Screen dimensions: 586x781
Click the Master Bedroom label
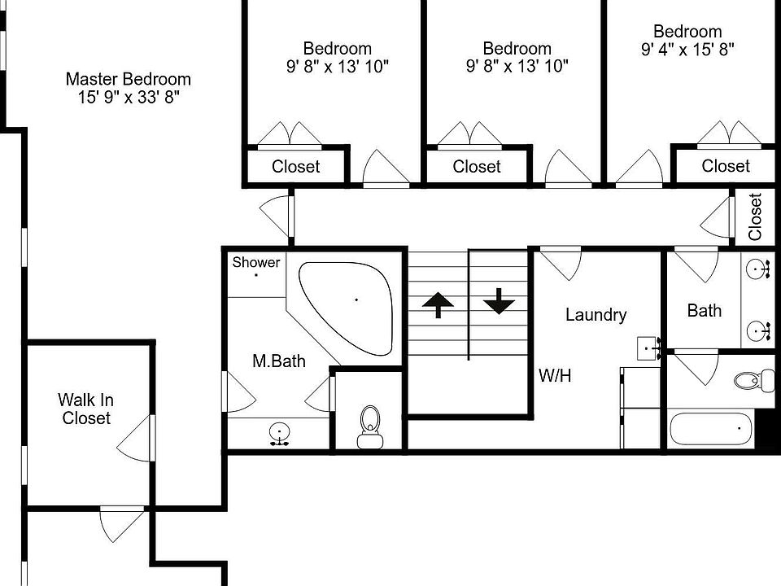tap(128, 80)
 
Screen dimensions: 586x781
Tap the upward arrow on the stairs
tap(438, 305)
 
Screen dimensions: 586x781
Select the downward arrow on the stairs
tap(499, 302)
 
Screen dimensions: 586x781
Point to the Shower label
tap(255, 262)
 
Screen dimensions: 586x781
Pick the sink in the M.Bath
tap(279, 433)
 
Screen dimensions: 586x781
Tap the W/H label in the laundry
tap(555, 376)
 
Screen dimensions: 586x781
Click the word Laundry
tap(596, 315)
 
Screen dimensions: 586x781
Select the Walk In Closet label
tap(85, 409)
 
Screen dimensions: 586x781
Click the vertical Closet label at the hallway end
tap(755, 216)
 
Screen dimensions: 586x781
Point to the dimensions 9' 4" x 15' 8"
tap(687, 50)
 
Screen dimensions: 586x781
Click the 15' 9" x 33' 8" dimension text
tap(128, 98)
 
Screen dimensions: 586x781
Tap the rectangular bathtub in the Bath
tap(710, 428)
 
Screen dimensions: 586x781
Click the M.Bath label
tap(278, 361)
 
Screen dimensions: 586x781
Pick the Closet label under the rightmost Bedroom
tap(725, 167)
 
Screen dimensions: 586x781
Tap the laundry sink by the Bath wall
tap(649, 348)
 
